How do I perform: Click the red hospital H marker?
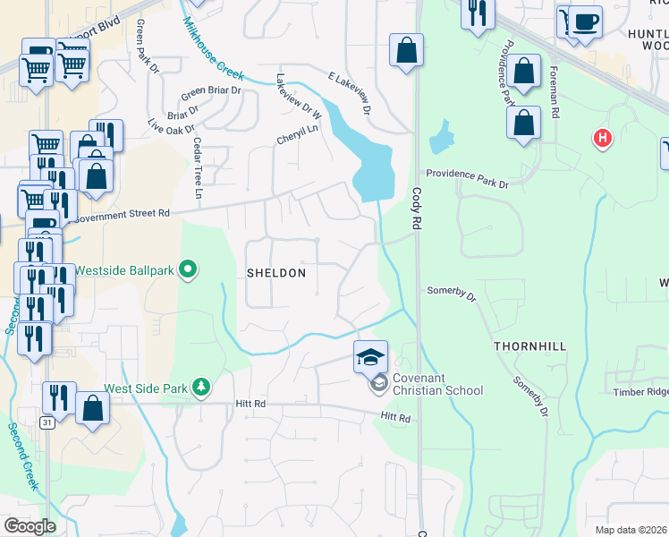603,139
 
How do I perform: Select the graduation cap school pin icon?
371,356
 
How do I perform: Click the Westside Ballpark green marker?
188,268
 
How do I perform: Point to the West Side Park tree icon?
203,387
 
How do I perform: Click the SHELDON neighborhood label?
276,273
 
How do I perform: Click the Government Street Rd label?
123,215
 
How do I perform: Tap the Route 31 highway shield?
46,422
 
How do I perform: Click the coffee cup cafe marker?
587,22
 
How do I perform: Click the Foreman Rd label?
555,93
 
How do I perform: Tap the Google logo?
30,525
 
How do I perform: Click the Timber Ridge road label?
640,392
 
